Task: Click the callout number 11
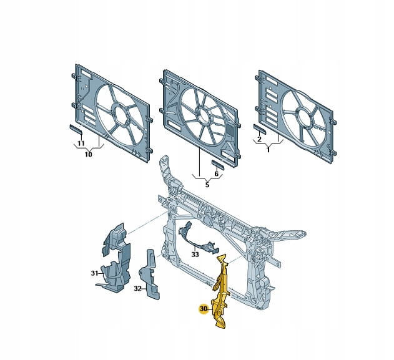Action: point(81,144)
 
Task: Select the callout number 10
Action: point(88,154)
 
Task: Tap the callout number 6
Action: point(216,173)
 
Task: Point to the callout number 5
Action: point(207,185)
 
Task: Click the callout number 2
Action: point(259,139)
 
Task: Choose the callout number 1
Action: point(268,150)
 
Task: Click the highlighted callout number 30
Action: point(204,309)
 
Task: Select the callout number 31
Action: point(94,273)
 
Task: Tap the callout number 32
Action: point(138,289)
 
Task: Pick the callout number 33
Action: point(195,255)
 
